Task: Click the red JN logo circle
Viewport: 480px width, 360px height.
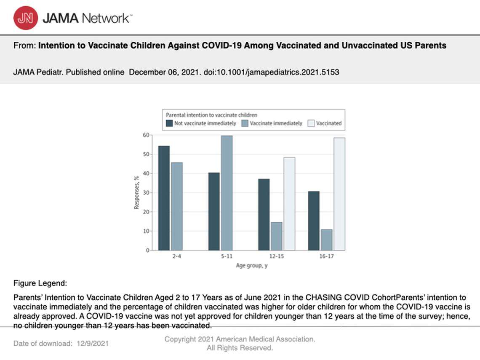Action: (25, 18)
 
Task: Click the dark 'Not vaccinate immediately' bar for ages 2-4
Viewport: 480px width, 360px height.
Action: (164, 198)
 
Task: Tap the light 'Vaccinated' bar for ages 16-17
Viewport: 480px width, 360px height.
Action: (339, 194)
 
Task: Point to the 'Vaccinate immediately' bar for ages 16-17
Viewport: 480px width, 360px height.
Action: (326, 240)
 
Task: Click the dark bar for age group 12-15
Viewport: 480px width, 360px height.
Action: (264, 214)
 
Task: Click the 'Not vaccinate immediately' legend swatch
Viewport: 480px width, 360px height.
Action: (169, 123)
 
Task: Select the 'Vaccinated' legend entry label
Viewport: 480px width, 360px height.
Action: (328, 123)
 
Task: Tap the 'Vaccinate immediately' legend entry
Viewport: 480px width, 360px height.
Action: (276, 123)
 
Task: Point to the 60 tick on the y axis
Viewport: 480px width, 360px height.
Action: (146, 135)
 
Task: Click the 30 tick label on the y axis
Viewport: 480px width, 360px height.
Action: (146, 193)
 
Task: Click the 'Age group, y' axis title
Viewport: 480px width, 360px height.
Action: (252, 266)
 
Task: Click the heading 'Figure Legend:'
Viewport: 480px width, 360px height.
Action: (40, 283)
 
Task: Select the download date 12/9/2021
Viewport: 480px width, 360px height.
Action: (93, 343)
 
